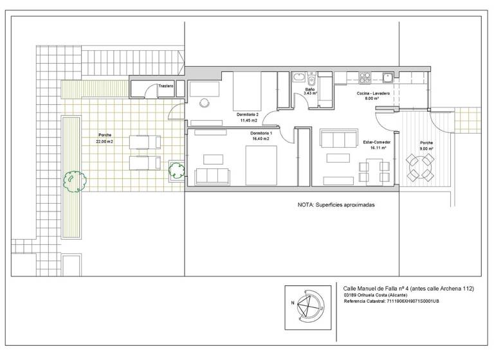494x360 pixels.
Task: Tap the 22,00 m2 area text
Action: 104,141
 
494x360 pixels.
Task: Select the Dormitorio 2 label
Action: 248,114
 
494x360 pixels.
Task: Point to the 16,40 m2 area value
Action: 261,138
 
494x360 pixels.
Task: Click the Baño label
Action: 309,89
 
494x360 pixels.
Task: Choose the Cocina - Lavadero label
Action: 372,93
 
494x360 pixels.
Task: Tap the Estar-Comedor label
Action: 377,141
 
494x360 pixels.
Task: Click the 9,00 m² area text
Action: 426,148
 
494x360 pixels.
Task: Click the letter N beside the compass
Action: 292,301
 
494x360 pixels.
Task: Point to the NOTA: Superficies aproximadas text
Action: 336,205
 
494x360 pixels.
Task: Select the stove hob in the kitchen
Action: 365,78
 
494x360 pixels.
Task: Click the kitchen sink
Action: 389,78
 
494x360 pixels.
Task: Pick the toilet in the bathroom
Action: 311,80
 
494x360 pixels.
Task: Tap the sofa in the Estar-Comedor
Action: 338,138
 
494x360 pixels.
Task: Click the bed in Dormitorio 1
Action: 261,165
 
